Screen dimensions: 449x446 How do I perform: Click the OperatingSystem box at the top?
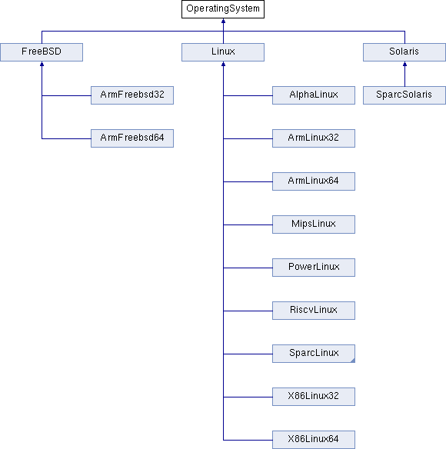tap(223, 9)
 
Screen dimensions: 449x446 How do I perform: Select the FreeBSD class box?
tap(42, 52)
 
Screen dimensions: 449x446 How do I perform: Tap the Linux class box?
tap(223, 52)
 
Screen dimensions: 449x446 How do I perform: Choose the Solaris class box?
tap(404, 52)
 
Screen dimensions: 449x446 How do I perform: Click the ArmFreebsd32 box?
tap(132, 95)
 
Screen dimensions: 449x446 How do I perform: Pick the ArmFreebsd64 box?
tap(132, 138)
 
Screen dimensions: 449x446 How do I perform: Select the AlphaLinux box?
tap(314, 95)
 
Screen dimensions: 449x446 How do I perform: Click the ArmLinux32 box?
tap(314, 138)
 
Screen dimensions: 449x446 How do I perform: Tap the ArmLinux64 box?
tap(314, 181)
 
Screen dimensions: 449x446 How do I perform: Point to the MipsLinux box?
tap(314, 224)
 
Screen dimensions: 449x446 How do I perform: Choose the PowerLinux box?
tap(314, 268)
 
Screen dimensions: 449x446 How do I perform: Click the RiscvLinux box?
tap(314, 311)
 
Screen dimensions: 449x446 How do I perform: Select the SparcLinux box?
tap(314, 354)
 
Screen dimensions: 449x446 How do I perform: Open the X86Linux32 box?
tap(314, 397)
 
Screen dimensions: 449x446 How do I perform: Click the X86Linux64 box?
tap(314, 440)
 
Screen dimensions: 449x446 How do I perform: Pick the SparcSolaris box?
tap(404, 95)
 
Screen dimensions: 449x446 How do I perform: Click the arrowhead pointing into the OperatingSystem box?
tap(223, 23)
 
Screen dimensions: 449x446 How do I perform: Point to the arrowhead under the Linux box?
tap(223, 66)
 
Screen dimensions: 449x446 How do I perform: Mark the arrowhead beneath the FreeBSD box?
tap(42, 66)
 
